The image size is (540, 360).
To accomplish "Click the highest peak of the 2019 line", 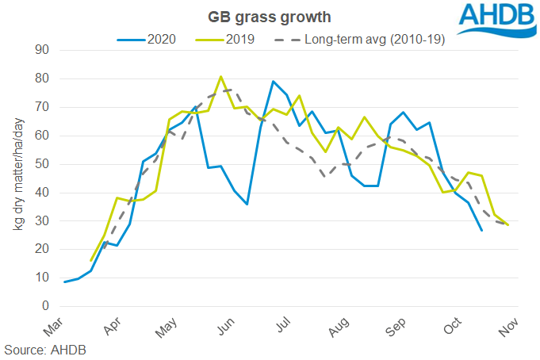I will (x=220, y=77).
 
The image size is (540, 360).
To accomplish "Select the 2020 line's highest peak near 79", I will (x=273, y=82).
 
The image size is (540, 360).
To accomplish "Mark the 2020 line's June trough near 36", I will (x=247, y=204).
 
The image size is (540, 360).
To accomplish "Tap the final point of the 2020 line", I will (x=481, y=230).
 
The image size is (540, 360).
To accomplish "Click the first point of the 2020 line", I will (x=65, y=281).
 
